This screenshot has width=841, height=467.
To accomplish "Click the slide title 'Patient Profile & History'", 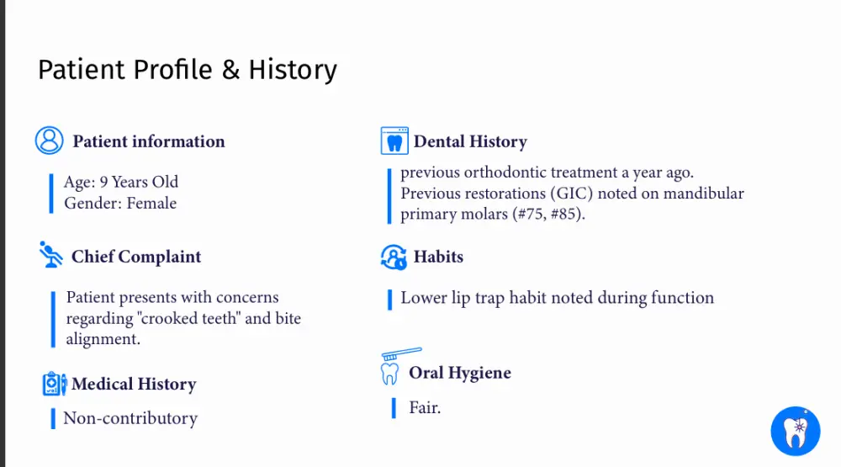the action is (x=188, y=71).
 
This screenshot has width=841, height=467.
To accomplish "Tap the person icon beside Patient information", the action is (x=50, y=141).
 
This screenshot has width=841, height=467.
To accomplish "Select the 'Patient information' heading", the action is (x=149, y=141).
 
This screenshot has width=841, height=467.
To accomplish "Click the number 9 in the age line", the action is (x=103, y=182).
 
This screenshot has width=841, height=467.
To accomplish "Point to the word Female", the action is (x=151, y=203).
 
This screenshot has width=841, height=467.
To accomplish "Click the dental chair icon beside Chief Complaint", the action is (x=51, y=254).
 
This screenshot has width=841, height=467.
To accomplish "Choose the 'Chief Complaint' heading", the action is (x=136, y=257).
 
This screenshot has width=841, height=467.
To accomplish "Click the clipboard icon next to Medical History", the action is (x=54, y=384).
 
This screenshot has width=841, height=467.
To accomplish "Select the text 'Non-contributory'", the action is (x=130, y=418).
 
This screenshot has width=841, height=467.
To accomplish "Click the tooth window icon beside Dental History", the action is (x=394, y=141).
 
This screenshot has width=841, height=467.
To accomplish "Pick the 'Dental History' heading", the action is (x=470, y=141).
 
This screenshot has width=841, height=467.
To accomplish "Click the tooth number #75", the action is (x=531, y=215).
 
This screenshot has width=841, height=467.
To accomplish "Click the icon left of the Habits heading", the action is (x=394, y=257).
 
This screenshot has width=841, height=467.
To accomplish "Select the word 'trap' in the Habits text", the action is (x=489, y=299).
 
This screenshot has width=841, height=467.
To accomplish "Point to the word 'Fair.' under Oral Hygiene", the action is (x=425, y=407).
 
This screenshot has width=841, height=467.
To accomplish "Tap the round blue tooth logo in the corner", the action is (x=796, y=431).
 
